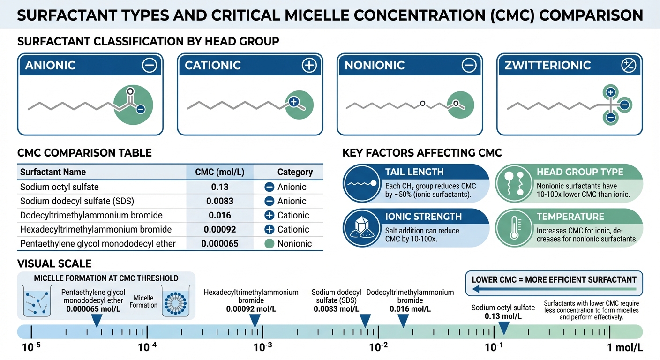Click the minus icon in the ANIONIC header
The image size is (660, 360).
[x=150, y=65]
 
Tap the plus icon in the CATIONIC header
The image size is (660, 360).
[x=309, y=65]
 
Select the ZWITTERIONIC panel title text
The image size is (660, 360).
[x=547, y=65]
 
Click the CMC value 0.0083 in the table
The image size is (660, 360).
[x=219, y=201]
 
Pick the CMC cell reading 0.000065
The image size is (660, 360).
[x=219, y=243]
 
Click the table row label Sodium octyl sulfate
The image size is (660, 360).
[x=60, y=187]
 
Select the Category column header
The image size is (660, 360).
[x=295, y=172]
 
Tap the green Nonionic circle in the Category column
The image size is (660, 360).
[x=270, y=244]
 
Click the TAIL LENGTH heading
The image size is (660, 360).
[x=414, y=172]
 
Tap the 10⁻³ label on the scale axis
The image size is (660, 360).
[x=262, y=347]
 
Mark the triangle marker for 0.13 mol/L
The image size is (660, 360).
[x=504, y=328]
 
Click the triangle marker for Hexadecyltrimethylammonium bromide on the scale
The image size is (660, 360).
[x=255, y=321]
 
